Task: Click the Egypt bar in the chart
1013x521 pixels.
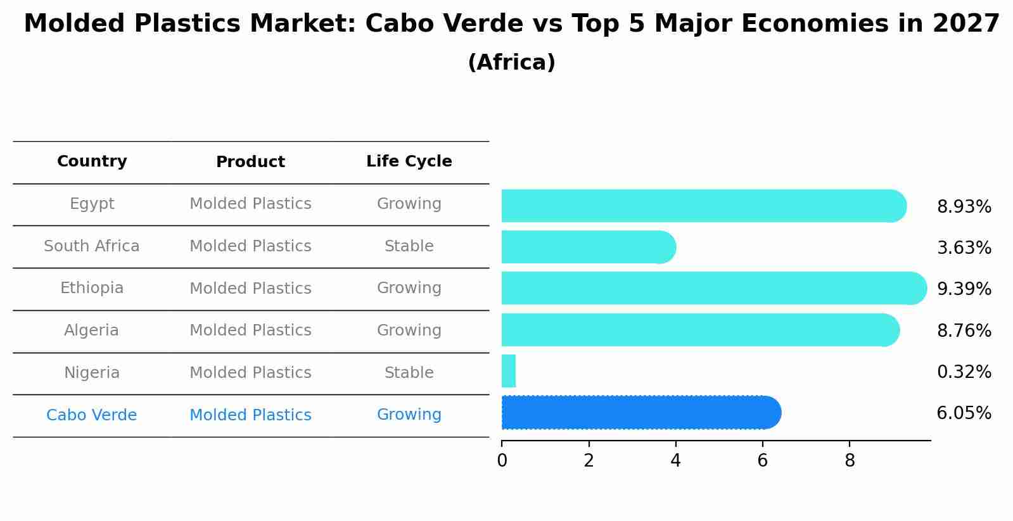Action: [703, 206]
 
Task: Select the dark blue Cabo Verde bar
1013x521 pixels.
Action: [640, 413]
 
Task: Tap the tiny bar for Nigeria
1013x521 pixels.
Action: [509, 371]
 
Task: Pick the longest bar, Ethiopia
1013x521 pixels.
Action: [713, 289]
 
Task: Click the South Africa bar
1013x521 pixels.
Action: [588, 247]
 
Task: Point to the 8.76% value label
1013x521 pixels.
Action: [964, 330]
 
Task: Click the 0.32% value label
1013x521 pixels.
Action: [964, 372]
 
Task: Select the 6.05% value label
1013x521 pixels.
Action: [964, 413]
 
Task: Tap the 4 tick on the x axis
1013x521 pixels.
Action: [675, 461]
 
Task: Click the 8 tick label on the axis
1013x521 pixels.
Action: [850, 461]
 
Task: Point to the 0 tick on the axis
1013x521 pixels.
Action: [502, 461]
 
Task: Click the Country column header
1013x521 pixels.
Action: [92, 161]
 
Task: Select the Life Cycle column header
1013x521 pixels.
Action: [409, 161]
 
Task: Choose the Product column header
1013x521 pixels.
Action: [250, 162]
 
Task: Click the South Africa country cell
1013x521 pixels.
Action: [92, 246]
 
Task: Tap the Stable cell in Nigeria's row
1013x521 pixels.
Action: [409, 373]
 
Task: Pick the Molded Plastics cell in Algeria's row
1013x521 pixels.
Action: [250, 330]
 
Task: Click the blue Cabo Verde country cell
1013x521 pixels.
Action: [92, 415]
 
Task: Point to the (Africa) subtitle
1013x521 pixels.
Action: [511, 63]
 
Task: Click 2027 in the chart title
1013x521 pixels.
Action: [965, 24]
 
